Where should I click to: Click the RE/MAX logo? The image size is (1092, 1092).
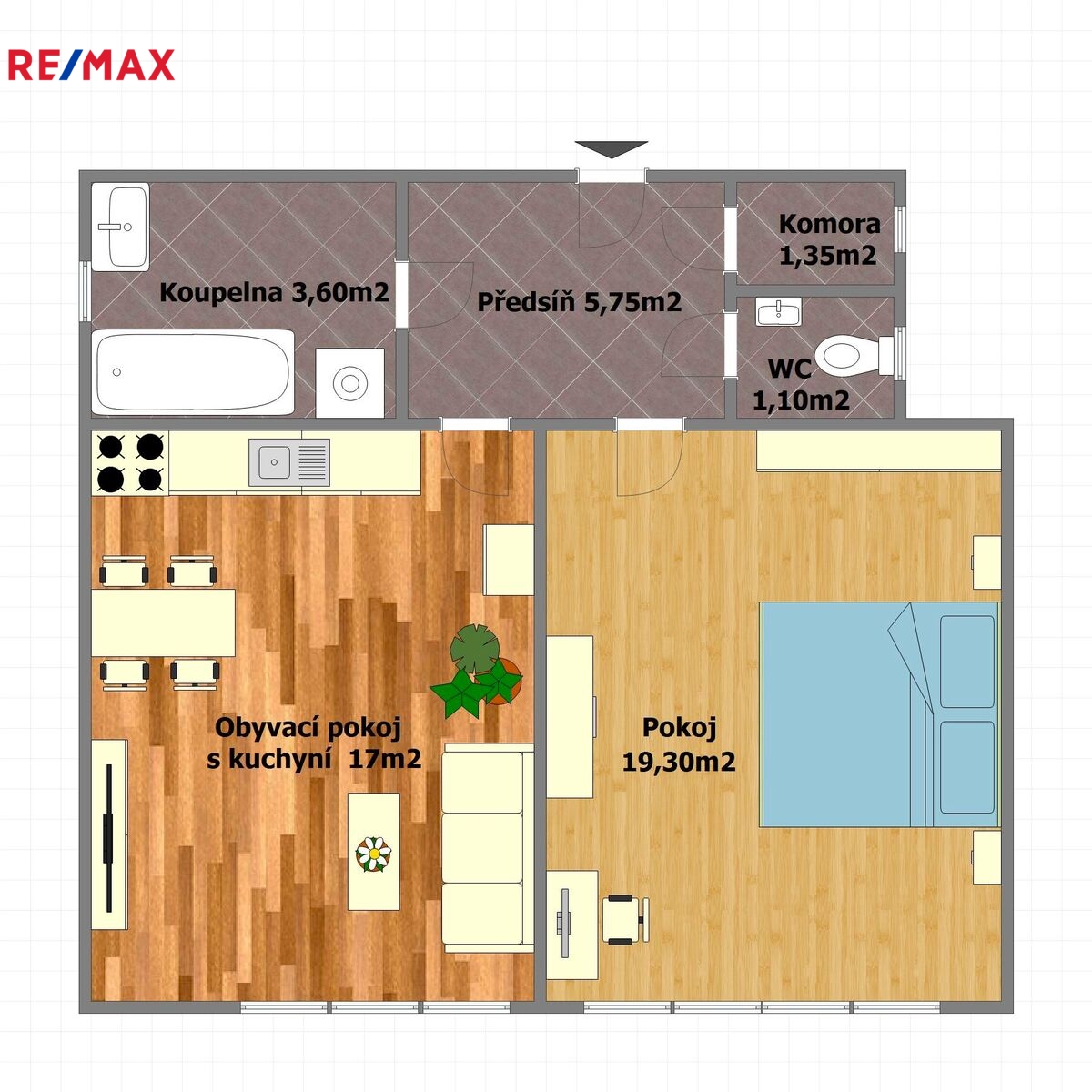click(x=91, y=65)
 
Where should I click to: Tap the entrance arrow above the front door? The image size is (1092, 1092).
click(x=611, y=149)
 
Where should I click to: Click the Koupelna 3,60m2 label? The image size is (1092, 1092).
click(x=274, y=292)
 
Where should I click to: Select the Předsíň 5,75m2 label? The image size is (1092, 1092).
click(x=579, y=301)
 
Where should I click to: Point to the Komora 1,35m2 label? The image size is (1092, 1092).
click(x=829, y=239)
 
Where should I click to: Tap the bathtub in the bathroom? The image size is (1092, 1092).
click(x=193, y=372)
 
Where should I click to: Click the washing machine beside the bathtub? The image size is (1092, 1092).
click(x=349, y=383)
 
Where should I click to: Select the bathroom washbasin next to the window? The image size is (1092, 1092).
click(x=120, y=227)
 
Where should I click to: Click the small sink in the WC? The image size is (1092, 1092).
click(x=778, y=311)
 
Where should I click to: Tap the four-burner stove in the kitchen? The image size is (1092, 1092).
click(x=130, y=463)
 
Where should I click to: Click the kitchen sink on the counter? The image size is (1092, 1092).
click(x=289, y=462)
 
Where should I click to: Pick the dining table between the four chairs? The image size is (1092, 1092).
click(x=163, y=622)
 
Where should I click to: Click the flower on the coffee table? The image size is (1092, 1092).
click(x=373, y=854)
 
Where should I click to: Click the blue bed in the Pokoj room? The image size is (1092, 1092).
click(x=879, y=714)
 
